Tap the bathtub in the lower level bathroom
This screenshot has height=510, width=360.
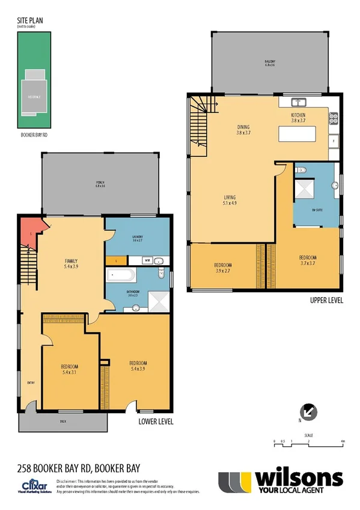tap(121, 277)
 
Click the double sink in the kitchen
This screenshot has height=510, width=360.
tap(299, 102)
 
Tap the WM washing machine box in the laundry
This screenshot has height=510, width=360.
tap(147, 260)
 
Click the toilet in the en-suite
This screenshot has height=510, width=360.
tap(302, 171)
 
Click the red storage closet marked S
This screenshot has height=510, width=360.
tap(31, 233)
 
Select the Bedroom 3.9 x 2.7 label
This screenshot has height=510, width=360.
tap(223, 268)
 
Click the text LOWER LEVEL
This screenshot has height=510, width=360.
tap(156, 422)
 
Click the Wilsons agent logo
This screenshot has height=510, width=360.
tap(281, 481)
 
